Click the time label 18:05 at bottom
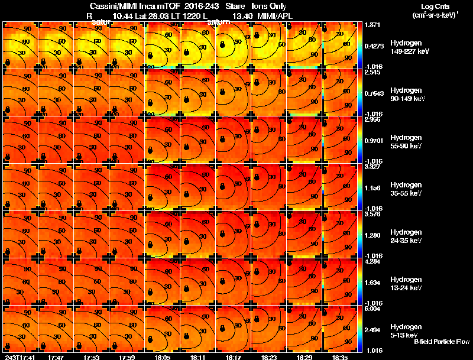pyautogui.click(x=162, y=357)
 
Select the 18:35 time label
pyautogui.click(x=340, y=357)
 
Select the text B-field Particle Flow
pyautogui.click(x=442, y=342)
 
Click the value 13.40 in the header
pyautogui.click(x=244, y=15)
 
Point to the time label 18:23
pyautogui.click(x=269, y=357)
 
